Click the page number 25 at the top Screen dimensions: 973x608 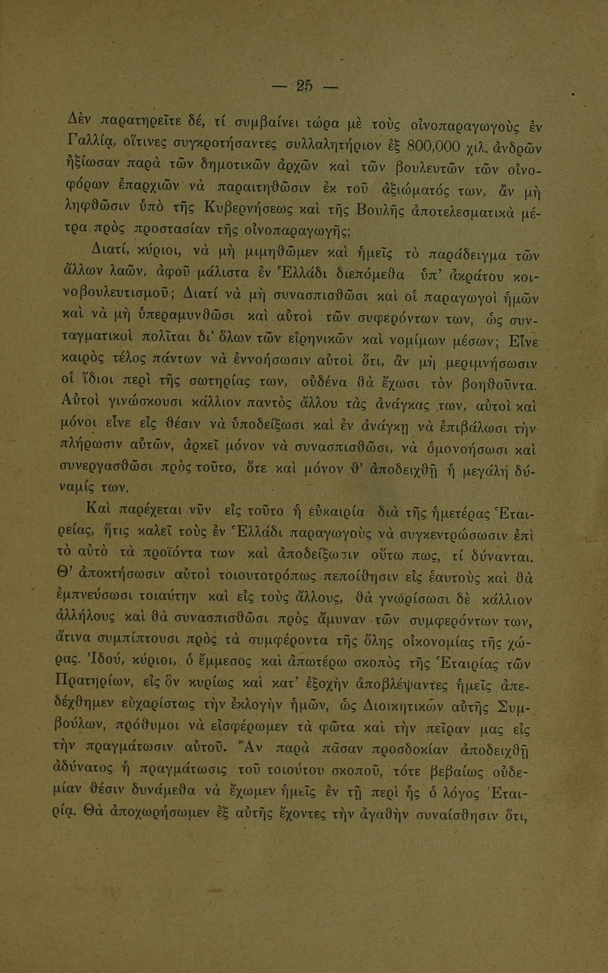(x=304, y=86)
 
